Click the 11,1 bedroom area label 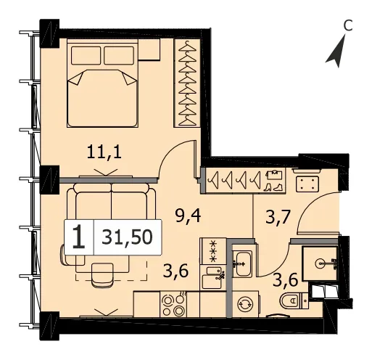click(x=104, y=152)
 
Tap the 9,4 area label click(x=188, y=216)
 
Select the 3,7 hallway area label click(x=277, y=217)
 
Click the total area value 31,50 click(x=127, y=237)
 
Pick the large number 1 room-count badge click(x=79, y=237)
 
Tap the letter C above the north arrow click(x=348, y=25)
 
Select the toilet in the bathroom click(x=294, y=300)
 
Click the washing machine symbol click(x=245, y=304)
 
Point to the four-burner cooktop click(x=173, y=304)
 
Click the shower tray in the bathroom click(x=320, y=263)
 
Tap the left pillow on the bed click(x=86, y=55)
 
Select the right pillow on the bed click(x=119, y=55)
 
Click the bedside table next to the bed click(x=149, y=49)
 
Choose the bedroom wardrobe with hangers click(x=187, y=83)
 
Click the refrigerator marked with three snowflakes click(x=213, y=251)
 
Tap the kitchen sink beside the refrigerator click(x=213, y=277)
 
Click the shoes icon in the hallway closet click(x=273, y=187)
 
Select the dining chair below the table click(x=102, y=275)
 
